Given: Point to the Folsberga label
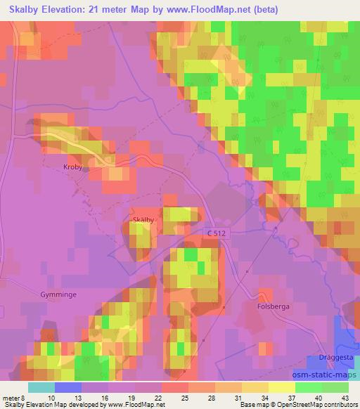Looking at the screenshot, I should coord(274,306).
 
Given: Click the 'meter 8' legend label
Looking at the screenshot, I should coord(13,397).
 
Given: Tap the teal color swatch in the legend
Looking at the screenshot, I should coord(41,387).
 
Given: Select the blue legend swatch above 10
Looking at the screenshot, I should coord(68,387).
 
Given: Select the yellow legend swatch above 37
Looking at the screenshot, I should coord(283,387).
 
